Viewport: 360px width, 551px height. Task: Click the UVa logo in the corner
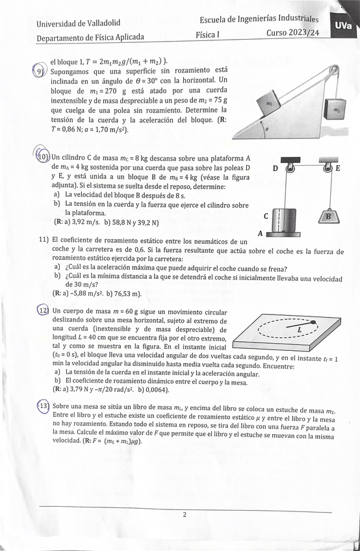point(344,26)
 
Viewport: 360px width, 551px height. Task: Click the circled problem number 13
point(44,406)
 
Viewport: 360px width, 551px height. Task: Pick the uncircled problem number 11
point(44,240)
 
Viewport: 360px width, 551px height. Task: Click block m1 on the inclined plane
point(269,104)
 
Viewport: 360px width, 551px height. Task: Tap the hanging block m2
point(335,110)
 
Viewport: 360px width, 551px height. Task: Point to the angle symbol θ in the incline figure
point(267,129)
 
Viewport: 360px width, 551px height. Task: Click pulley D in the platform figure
point(290,168)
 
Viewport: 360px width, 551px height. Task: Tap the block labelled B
point(329,216)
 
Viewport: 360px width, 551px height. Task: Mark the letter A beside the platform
point(261,233)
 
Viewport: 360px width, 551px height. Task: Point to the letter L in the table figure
point(299,329)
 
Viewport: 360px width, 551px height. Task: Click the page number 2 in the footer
point(185,515)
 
